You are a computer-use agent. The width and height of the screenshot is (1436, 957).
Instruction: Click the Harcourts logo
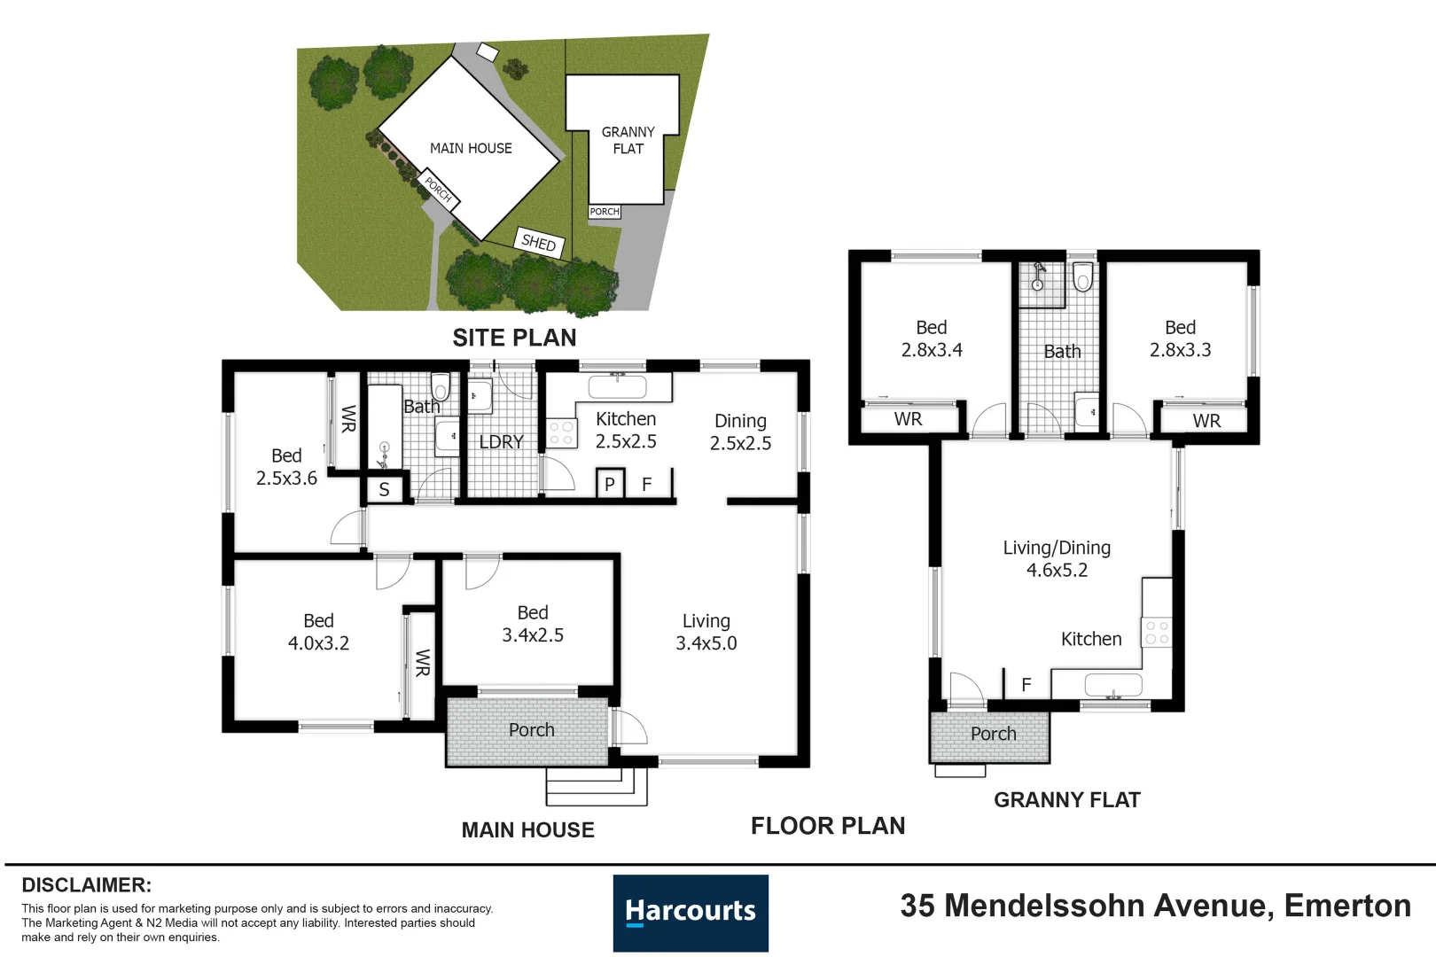[x=691, y=913]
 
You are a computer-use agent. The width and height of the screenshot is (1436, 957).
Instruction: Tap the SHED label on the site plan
[x=539, y=242]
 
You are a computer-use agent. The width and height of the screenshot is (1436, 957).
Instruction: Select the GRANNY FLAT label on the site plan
[x=628, y=140]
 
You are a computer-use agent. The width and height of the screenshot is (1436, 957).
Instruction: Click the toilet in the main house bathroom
[x=441, y=387]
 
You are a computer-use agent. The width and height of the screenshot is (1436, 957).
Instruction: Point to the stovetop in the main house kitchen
[x=560, y=433]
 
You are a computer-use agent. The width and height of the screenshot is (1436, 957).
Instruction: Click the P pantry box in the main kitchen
[x=610, y=484]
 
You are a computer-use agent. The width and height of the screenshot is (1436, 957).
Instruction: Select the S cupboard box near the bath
[x=384, y=489]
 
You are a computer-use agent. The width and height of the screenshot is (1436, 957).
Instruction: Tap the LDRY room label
[x=501, y=441]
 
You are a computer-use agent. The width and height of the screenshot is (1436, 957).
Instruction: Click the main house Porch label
[x=531, y=730]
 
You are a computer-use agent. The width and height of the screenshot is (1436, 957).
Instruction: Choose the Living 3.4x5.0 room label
[x=706, y=632]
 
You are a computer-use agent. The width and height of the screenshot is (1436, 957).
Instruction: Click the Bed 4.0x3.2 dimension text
[x=318, y=643]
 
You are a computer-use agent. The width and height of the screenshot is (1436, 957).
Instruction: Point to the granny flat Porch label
[x=993, y=734]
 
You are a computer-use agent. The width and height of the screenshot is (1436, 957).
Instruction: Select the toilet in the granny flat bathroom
[x=1082, y=277]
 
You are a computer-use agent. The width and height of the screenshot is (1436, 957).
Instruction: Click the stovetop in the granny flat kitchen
[x=1157, y=632]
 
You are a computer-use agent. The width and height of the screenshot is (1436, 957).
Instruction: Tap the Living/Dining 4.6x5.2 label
[x=1057, y=558]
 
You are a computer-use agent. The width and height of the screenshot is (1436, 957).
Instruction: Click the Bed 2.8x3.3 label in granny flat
[x=1180, y=338]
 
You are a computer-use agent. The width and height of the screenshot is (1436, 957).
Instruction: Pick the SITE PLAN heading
[x=514, y=338]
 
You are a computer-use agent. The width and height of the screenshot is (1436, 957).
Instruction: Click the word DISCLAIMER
[x=86, y=884]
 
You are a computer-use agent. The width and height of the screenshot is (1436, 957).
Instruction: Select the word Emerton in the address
[x=1346, y=905]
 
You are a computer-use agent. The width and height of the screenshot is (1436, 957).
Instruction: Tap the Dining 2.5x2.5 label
[x=740, y=432]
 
